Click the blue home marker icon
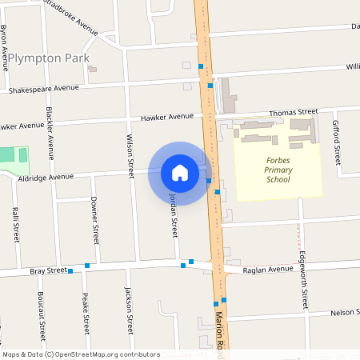point(179,173)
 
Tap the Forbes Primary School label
point(278,170)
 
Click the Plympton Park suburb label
point(46,59)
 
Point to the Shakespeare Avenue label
point(43,89)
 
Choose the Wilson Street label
point(130,154)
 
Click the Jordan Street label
point(172,214)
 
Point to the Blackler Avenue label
point(50,128)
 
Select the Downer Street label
point(94,222)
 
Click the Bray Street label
point(48,272)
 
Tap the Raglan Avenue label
point(270,270)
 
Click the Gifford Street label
point(337,139)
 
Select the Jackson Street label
point(128,311)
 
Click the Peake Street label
point(85,313)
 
